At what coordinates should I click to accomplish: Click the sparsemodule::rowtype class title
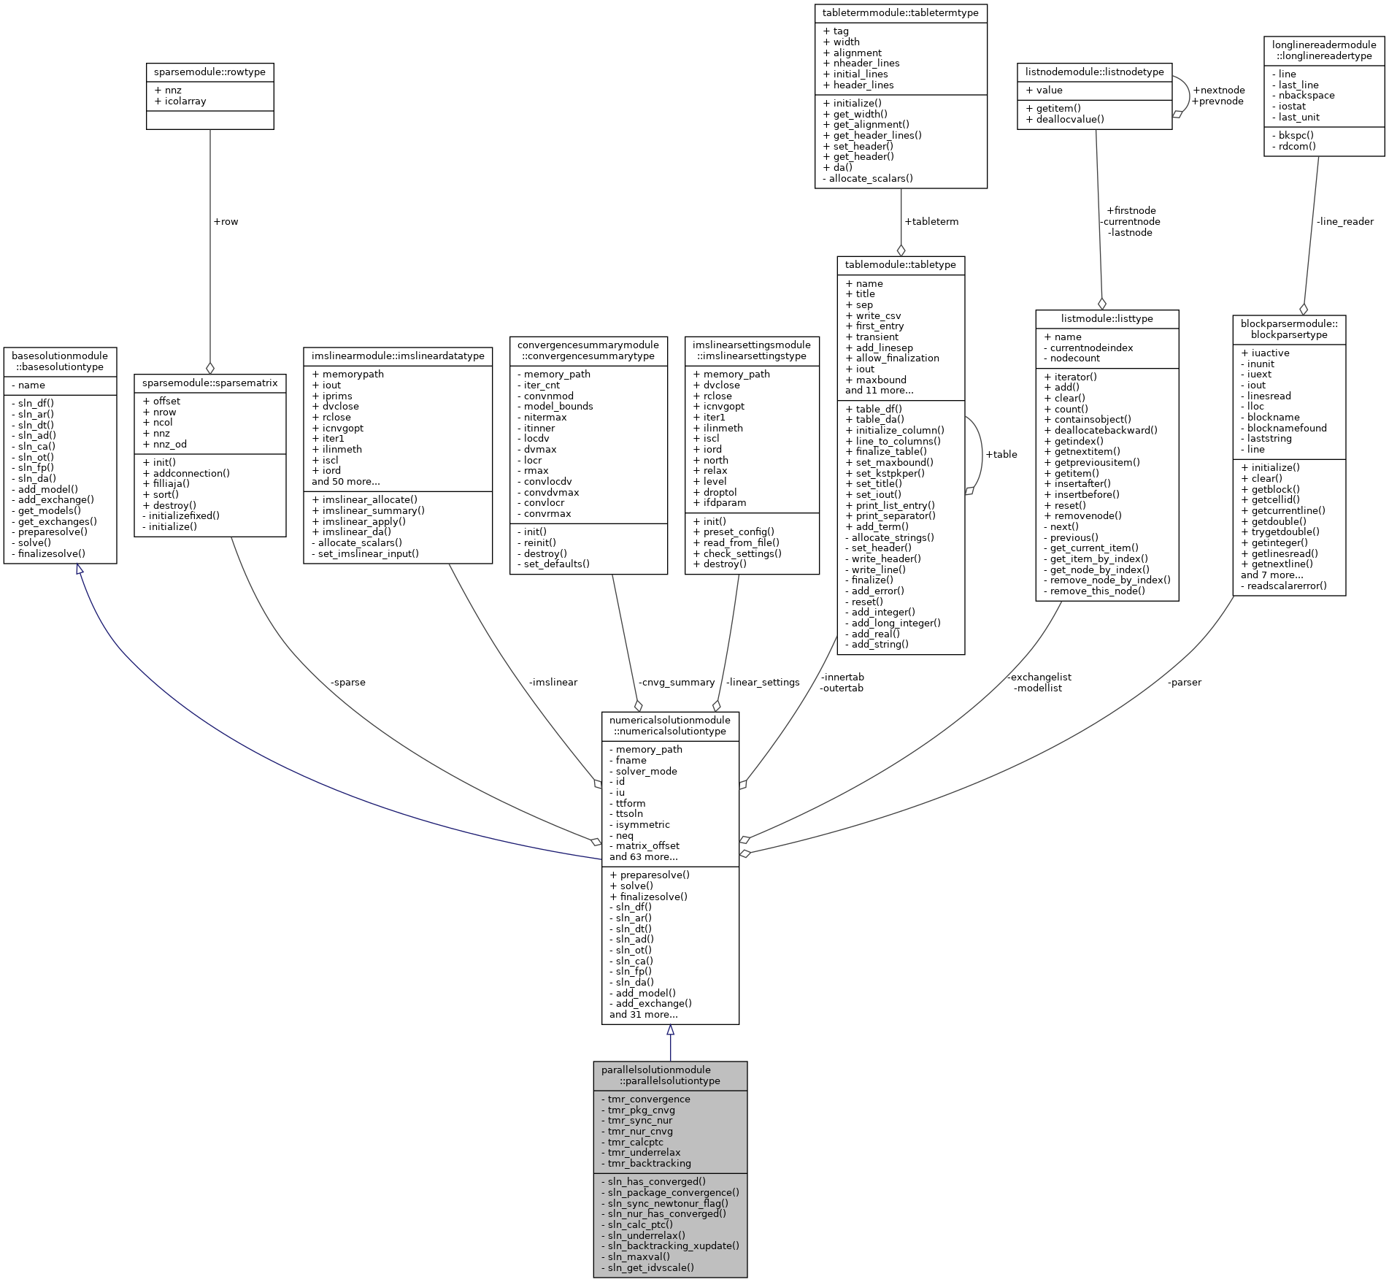click(209, 72)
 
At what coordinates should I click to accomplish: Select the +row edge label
click(226, 221)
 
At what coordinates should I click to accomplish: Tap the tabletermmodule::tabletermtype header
click(901, 13)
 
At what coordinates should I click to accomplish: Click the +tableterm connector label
click(931, 221)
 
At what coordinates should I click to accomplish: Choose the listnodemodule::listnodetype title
click(1094, 72)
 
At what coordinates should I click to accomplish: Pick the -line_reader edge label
click(1344, 221)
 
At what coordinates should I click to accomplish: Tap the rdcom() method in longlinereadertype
click(1297, 146)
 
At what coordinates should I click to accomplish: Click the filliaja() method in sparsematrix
click(172, 483)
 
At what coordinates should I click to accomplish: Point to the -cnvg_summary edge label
click(677, 682)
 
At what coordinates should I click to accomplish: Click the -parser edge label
click(1185, 682)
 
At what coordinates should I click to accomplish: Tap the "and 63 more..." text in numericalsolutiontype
click(643, 856)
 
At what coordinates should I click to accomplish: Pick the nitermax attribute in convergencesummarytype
click(545, 417)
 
